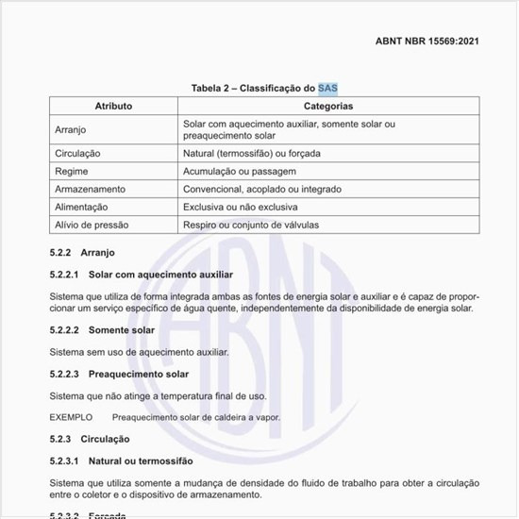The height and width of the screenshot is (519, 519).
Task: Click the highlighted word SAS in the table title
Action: point(327,88)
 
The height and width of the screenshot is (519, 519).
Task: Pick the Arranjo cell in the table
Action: point(72,130)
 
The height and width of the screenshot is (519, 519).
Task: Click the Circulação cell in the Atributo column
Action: point(78,153)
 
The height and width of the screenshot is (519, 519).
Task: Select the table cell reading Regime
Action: point(72,171)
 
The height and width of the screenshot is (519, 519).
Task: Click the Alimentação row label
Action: point(82,207)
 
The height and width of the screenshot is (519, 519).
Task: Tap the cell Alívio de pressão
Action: point(92,225)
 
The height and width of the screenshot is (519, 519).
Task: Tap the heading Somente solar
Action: point(122,330)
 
